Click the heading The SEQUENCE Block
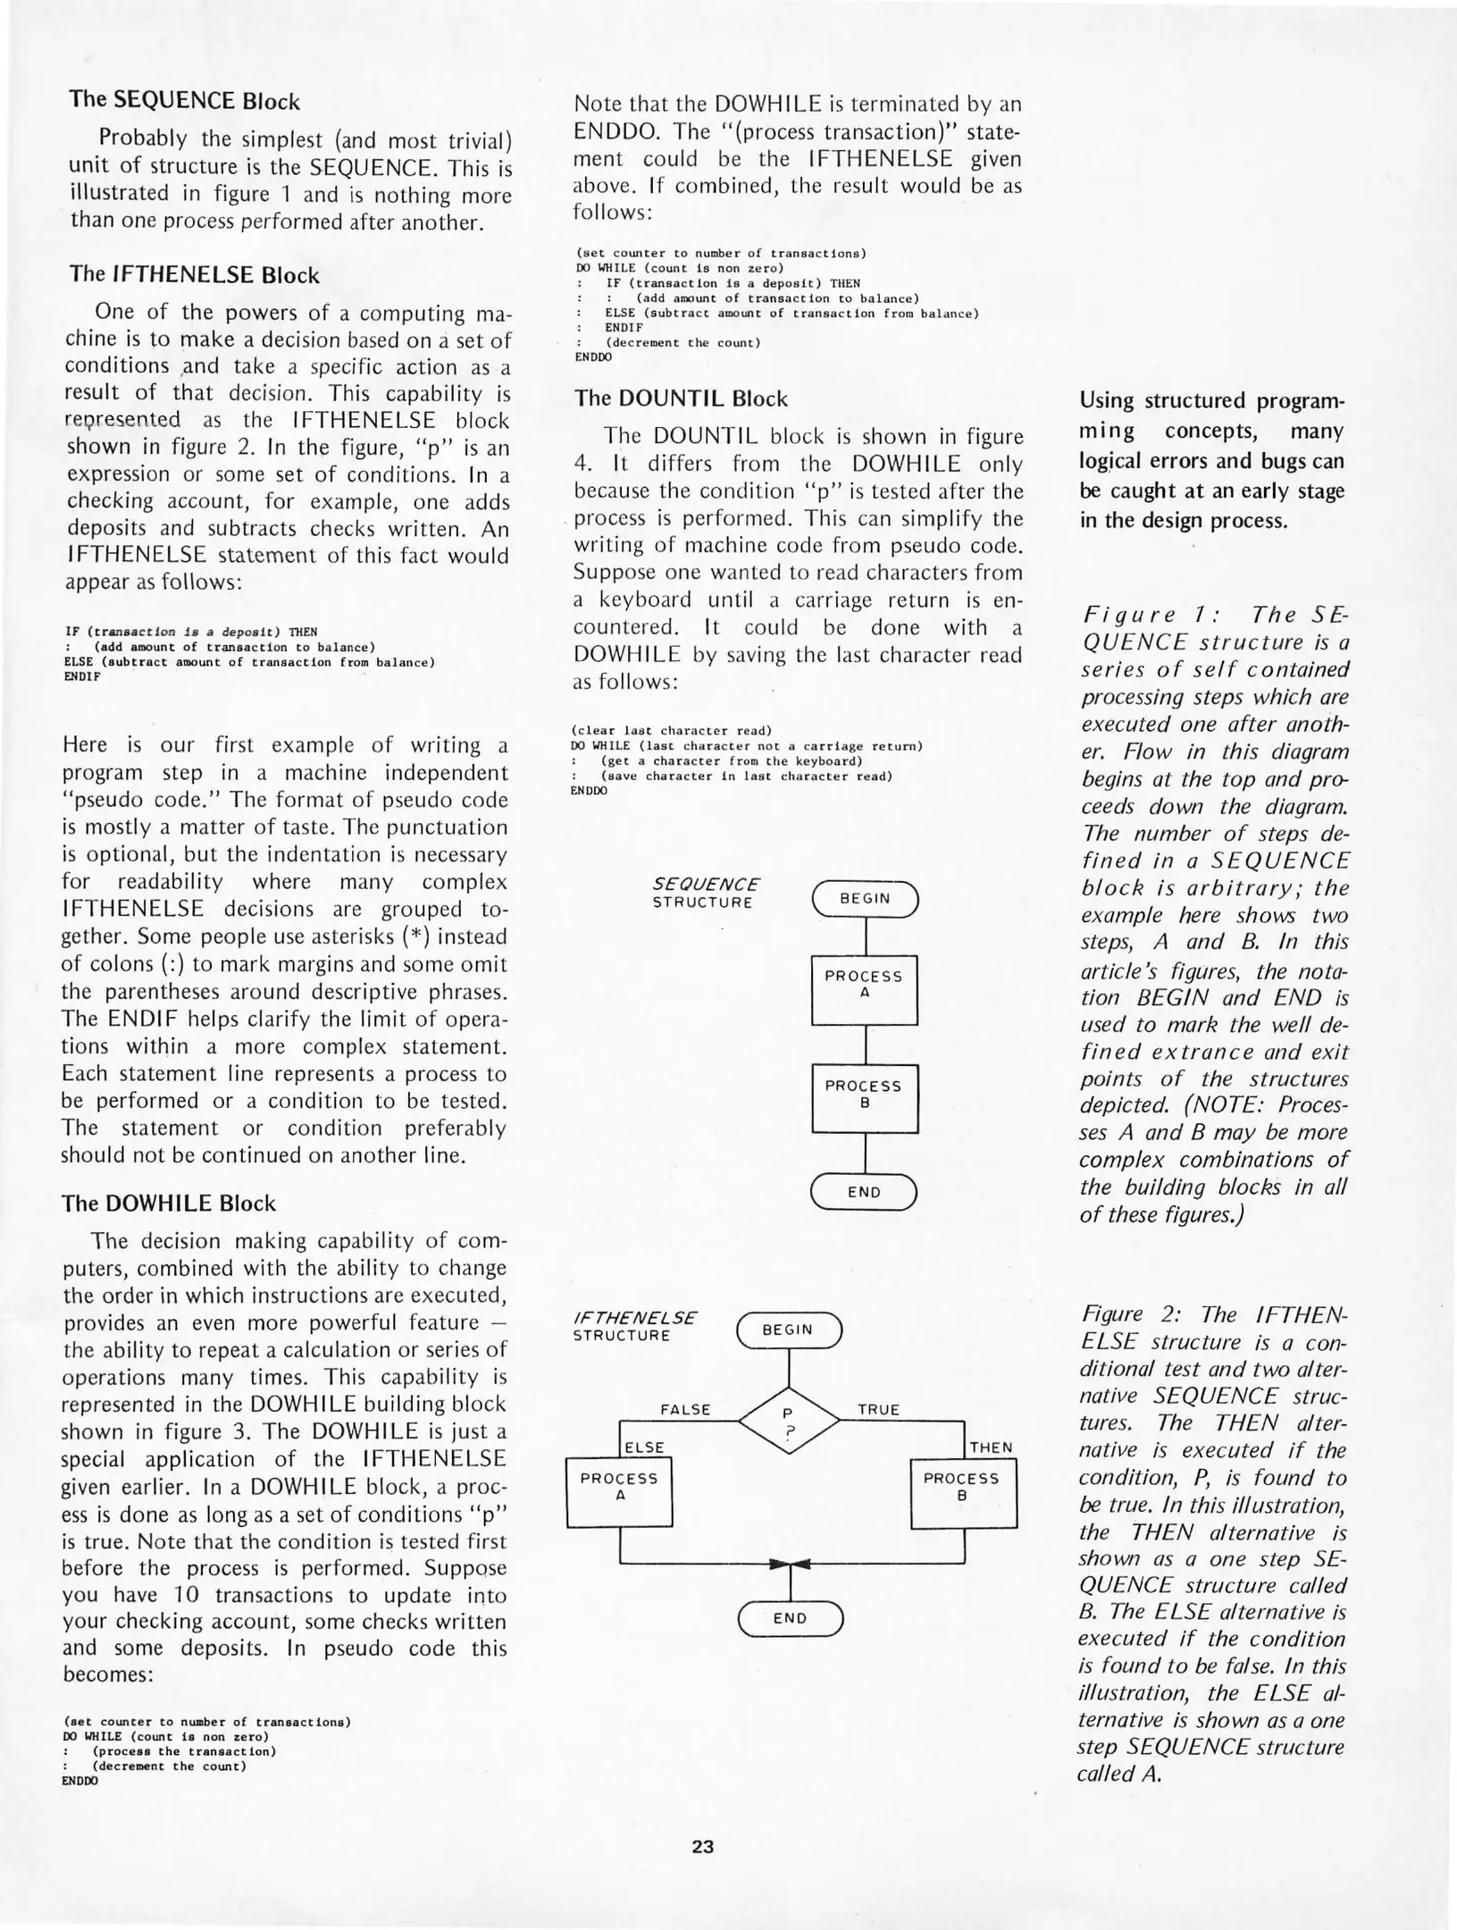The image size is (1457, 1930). click(x=184, y=100)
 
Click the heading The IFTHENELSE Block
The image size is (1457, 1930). click(x=194, y=274)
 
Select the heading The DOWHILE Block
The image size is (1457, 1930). click(x=168, y=1203)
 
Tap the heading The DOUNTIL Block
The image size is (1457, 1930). click(x=681, y=399)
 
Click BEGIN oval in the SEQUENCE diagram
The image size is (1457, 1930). click(x=864, y=899)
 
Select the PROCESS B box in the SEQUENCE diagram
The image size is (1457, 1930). click(x=864, y=1098)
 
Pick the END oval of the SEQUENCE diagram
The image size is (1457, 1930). click(x=864, y=1192)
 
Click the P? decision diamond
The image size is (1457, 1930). click(x=789, y=1421)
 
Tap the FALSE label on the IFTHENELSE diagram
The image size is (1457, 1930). click(x=685, y=1410)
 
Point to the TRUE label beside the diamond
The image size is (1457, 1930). click(x=878, y=1410)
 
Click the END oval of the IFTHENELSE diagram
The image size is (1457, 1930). click(x=790, y=1618)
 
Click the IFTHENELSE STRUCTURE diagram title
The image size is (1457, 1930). click(x=633, y=1327)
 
